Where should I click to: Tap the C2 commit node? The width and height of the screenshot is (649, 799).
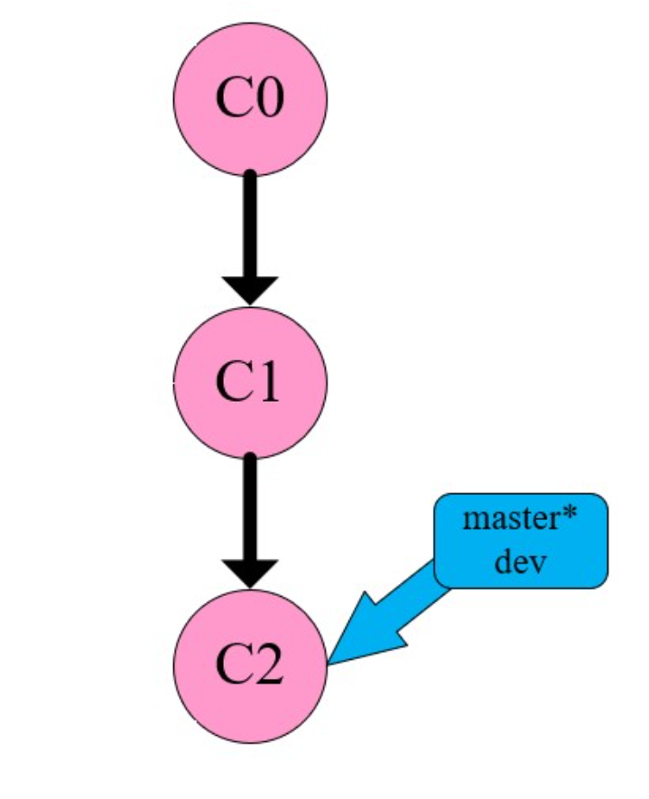pyautogui.click(x=250, y=665)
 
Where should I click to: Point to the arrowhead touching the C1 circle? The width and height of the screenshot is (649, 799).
pyautogui.click(x=250, y=290)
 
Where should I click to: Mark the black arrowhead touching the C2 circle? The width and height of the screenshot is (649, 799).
pyautogui.click(x=250, y=571)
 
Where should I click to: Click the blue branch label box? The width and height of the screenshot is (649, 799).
pyautogui.click(x=521, y=541)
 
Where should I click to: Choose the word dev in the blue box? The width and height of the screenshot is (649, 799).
pyautogui.click(x=521, y=561)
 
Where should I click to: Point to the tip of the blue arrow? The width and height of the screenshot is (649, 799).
pyautogui.click(x=331, y=664)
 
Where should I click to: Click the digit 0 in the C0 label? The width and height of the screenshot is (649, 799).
pyautogui.click(x=269, y=98)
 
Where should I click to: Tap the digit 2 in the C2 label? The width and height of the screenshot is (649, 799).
pyautogui.click(x=269, y=666)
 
